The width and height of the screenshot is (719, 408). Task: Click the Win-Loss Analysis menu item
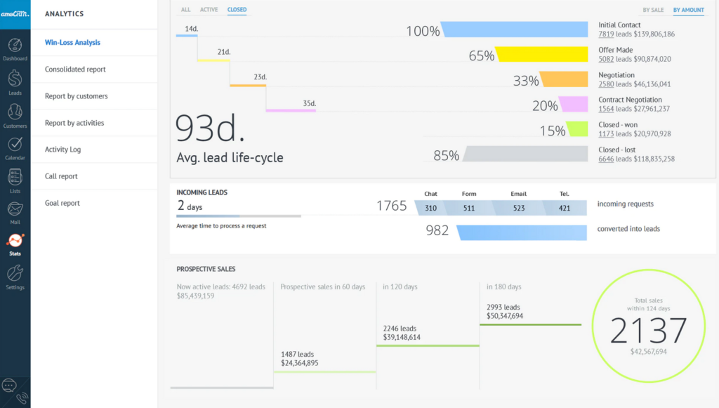tap(72, 43)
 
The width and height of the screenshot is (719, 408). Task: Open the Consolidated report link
tap(75, 70)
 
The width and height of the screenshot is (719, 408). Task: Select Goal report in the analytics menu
tap(62, 203)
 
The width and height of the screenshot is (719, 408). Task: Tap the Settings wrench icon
tap(15, 273)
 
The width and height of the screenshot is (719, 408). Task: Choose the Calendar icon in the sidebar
tap(15, 145)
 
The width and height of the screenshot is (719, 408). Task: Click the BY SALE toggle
tap(652, 10)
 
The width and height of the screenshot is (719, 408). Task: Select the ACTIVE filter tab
tap(209, 10)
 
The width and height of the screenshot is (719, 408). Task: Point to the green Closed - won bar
tap(576, 129)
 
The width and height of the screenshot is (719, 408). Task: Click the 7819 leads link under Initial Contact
tap(606, 34)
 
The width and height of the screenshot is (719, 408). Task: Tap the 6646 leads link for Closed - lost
tap(606, 159)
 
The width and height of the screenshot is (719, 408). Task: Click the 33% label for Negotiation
tap(525, 81)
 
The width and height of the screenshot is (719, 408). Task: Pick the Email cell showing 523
tap(519, 208)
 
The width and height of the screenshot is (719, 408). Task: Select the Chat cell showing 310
tap(430, 208)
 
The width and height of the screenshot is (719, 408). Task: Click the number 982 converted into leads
tap(437, 230)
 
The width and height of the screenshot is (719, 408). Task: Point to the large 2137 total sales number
tap(648, 330)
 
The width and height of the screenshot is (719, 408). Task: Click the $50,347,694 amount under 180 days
tap(505, 316)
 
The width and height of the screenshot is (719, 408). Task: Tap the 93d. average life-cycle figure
tap(210, 129)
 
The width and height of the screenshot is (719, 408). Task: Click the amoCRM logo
tap(15, 14)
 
